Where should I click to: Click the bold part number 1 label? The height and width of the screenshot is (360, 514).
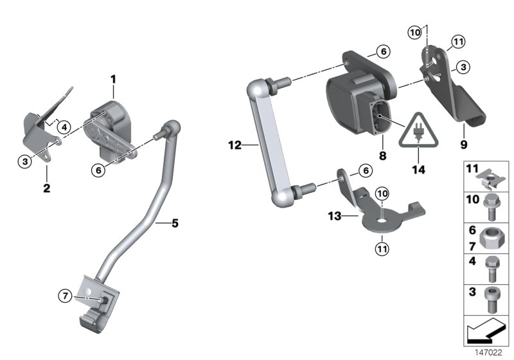point(112,80)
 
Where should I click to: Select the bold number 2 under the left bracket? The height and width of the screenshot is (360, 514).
point(47,189)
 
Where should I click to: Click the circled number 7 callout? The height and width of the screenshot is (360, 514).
point(64,296)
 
